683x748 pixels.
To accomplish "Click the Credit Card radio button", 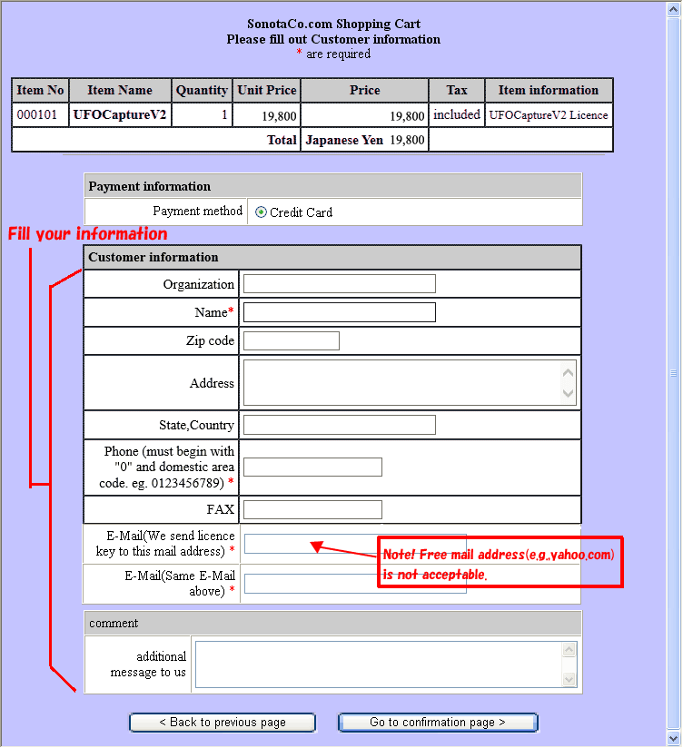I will click(262, 212).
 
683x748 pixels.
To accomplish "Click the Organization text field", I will click(339, 284).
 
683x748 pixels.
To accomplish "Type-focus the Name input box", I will click(339, 312).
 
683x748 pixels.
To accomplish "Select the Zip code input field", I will click(291, 341).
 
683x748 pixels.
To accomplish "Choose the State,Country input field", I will click(339, 425).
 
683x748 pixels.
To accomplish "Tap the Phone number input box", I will click(312, 467).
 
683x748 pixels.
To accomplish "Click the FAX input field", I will click(312, 510).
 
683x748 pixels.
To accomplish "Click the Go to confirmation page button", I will click(438, 723).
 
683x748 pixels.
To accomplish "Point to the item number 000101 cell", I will click(40, 115).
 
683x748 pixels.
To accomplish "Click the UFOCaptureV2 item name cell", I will click(120, 115).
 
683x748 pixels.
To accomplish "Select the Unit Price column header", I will click(267, 91).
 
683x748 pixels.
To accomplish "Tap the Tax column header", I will click(457, 91).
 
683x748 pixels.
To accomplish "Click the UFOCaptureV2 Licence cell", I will click(549, 115).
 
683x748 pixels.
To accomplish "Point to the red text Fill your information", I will click(87, 234).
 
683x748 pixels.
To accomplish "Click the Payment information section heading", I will click(150, 186).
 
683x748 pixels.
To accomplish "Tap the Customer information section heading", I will click(153, 257).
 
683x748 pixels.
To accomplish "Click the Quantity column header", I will click(202, 91).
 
